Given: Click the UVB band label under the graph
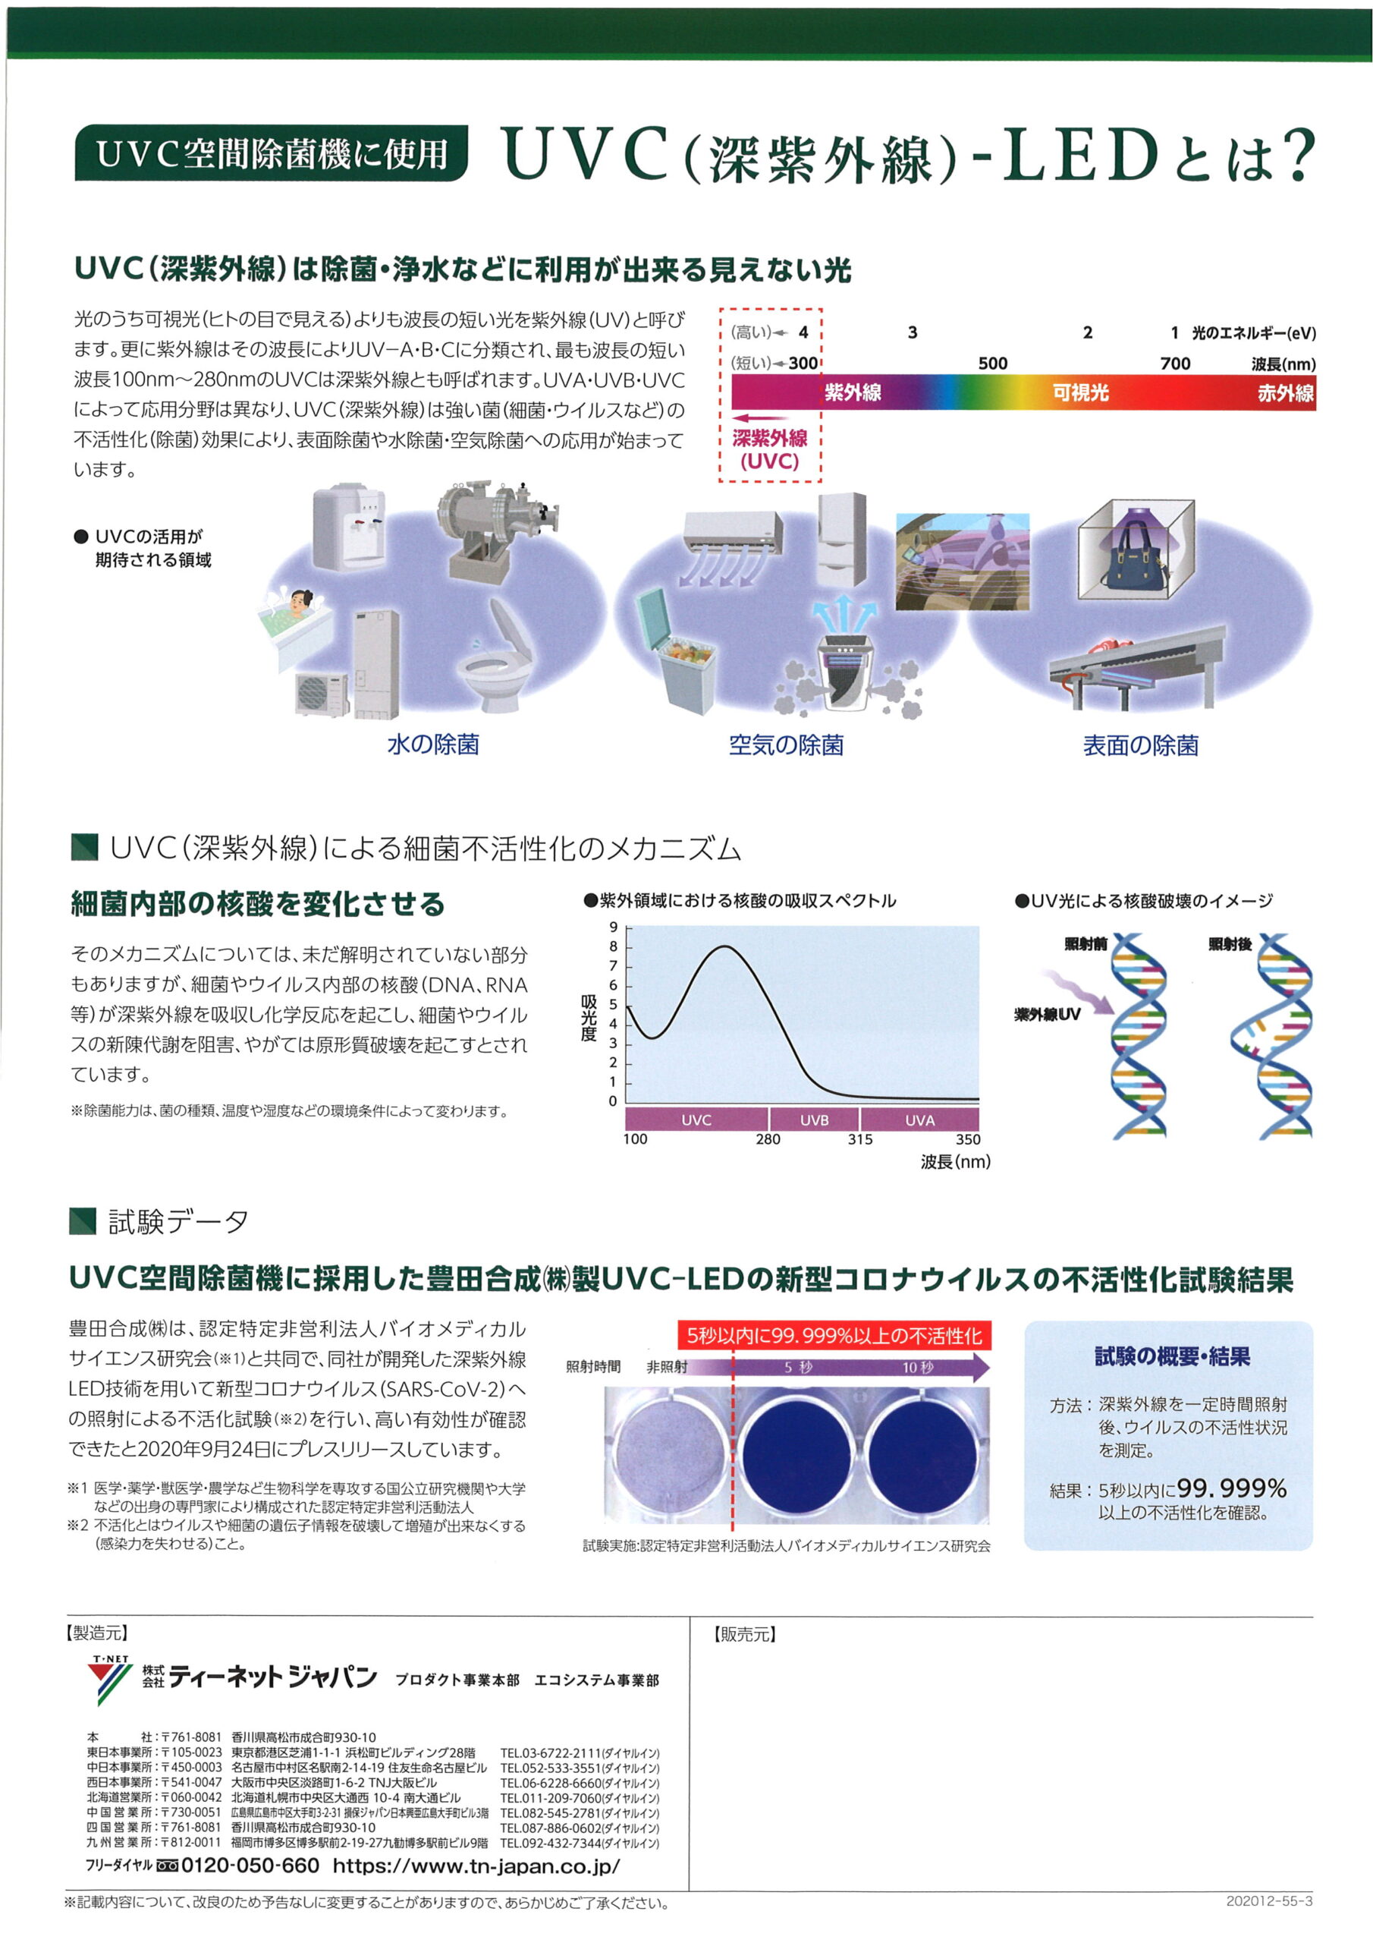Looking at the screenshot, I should click(814, 1120).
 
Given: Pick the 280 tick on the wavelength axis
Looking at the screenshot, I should click(768, 1140).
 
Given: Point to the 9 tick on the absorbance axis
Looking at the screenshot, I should click(614, 927).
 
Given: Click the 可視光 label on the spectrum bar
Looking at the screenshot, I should click(1080, 392).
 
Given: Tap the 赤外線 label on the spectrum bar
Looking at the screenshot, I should click(1285, 392).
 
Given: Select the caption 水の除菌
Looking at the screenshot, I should click(433, 744).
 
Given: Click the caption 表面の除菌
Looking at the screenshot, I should click(1140, 745).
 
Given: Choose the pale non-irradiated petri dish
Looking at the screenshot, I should click(670, 1451).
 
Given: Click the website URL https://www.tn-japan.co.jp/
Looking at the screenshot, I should click(476, 1865).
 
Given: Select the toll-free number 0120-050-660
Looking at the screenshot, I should click(250, 1865).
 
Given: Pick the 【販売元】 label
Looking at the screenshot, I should click(744, 1635).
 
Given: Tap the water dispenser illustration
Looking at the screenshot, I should click(348, 527).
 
